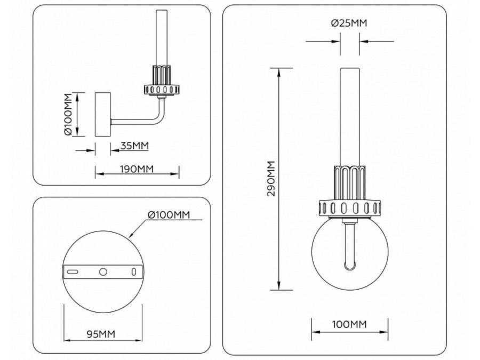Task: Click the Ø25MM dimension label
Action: (x=349, y=23)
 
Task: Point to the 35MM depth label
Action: (x=134, y=145)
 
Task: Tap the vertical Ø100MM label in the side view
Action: (x=68, y=115)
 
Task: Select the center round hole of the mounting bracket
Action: (x=103, y=272)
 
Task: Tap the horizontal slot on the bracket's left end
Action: (x=73, y=272)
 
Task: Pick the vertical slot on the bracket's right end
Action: (x=133, y=272)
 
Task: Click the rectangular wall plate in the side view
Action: (x=102, y=115)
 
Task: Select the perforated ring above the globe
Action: (x=349, y=207)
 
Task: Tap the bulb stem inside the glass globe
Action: (x=349, y=245)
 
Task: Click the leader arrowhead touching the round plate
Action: (x=131, y=235)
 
